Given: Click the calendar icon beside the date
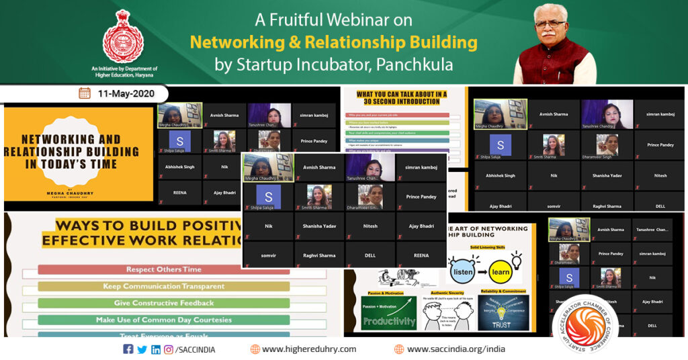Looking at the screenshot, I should coord(85,93).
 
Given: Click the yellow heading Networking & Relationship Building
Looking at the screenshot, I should coord(333,43).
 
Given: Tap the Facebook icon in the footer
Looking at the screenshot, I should coord(128,349).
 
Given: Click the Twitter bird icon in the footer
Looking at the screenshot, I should coord(142,349).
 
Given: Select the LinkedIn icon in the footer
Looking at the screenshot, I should coord(156,349).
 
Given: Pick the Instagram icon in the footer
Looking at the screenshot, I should coord(169,349).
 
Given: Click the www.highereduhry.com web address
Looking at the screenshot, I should coord(309,349).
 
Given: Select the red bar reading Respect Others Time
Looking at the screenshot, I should coord(163,269).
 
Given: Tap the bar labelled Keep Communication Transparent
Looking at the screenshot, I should coord(163,286).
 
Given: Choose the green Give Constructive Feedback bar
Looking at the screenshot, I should coord(163,303).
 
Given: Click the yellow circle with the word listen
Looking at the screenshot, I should coord(463,273).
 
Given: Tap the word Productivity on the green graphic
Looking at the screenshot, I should coord(389,322).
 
